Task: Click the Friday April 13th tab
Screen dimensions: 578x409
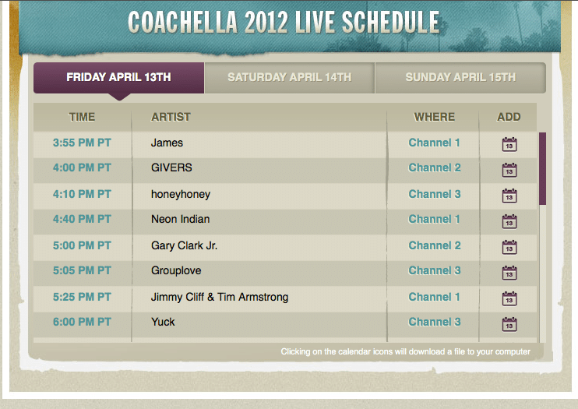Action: (118, 77)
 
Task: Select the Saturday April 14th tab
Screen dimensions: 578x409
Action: (289, 77)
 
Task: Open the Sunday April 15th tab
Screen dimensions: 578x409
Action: (460, 77)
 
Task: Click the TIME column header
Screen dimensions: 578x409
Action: (82, 117)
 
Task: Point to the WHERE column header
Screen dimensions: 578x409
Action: (434, 117)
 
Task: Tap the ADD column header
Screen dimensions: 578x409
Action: (509, 117)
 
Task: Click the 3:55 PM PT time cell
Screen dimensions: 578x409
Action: (82, 143)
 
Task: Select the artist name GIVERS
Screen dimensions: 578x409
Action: (171, 167)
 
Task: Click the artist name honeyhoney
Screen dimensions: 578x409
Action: (181, 194)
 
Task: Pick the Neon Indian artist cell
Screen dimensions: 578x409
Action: (180, 219)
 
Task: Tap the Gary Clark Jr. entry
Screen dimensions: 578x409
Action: (184, 246)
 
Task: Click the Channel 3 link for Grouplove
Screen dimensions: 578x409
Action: (435, 270)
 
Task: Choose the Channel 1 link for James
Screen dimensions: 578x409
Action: (434, 143)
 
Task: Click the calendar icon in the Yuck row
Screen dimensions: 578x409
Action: (509, 324)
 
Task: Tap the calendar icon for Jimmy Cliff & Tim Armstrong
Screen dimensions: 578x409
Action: (509, 298)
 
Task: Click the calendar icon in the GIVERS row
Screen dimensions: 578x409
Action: (509, 170)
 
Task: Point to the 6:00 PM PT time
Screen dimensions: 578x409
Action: (82, 322)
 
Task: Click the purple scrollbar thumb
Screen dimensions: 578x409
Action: (542, 168)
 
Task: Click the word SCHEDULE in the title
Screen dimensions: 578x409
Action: (390, 22)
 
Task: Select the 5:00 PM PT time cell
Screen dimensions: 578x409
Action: (82, 245)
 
